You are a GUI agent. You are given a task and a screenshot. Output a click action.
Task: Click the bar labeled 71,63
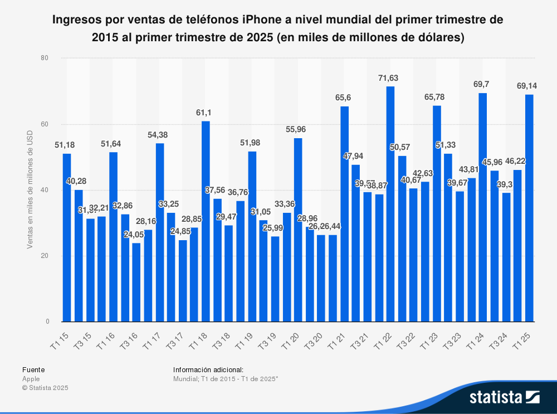pyautogui.click(x=390, y=204)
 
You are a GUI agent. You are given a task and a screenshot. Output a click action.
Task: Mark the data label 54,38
pyautogui.click(x=159, y=134)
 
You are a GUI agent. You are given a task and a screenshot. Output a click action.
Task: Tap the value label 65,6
pyautogui.click(x=344, y=97)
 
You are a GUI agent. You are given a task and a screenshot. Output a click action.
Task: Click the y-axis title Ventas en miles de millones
pyautogui.click(x=32, y=190)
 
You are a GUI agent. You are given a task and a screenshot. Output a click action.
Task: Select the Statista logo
pyautogui.click(x=504, y=397)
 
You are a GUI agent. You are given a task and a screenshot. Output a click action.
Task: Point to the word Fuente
pyautogui.click(x=33, y=369)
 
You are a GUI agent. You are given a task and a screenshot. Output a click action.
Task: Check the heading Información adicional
pyautogui.click(x=208, y=369)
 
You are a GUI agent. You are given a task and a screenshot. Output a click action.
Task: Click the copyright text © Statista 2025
pyautogui.click(x=45, y=388)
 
